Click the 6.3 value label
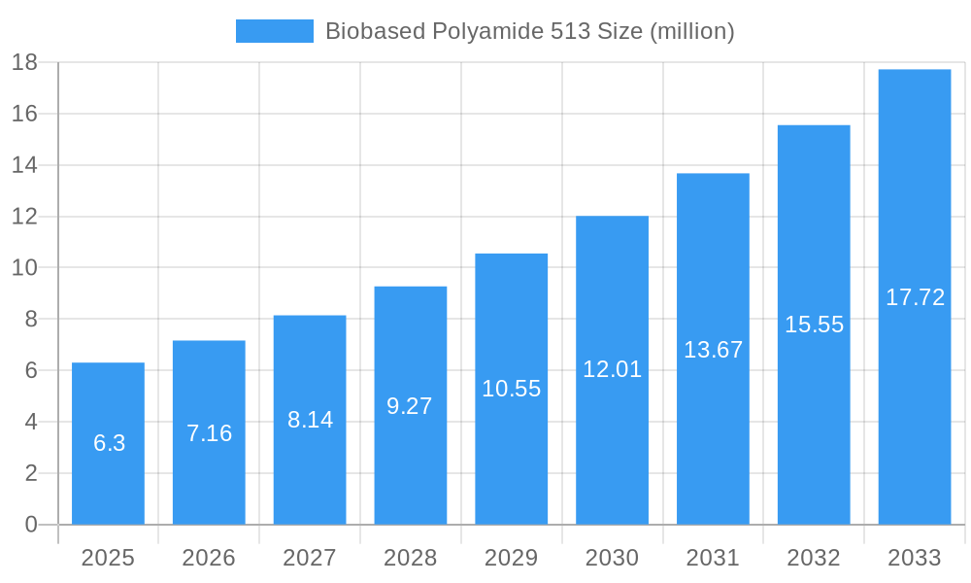pos(109,443)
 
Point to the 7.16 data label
pos(209,433)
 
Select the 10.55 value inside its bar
pos(511,389)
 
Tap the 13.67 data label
pos(713,350)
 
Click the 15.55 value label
pos(814,325)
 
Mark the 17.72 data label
pos(915,297)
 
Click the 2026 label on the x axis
pos(209,558)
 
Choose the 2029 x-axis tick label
pos(511,558)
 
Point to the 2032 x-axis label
pos(814,558)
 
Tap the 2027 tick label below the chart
pos(310,558)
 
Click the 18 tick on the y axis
pos(24,63)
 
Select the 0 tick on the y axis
pos(30,525)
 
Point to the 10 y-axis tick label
pos(24,268)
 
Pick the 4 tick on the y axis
pos(30,422)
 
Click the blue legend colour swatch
pos(275,31)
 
